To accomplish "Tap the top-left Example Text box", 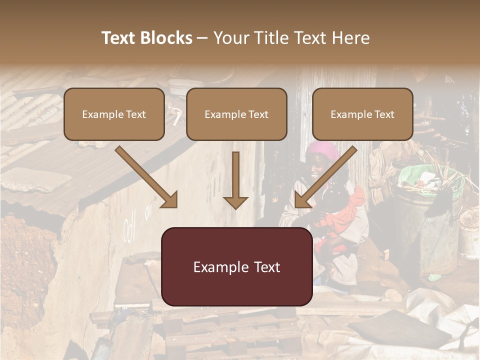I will tap(114, 114).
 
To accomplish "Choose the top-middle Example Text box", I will tap(236, 114).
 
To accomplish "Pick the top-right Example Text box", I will tap(362, 114).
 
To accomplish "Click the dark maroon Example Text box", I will tap(236, 266).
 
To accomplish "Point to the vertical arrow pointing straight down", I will tap(235, 180).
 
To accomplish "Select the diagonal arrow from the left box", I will tap(146, 177).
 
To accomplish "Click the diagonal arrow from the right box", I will tap(325, 177).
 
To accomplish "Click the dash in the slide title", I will tap(202, 38).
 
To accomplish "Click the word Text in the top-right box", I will tap(384, 114).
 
